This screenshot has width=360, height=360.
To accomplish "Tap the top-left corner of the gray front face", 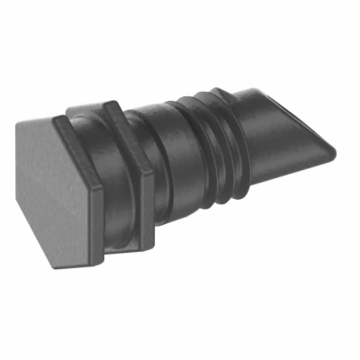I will click(20, 123).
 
